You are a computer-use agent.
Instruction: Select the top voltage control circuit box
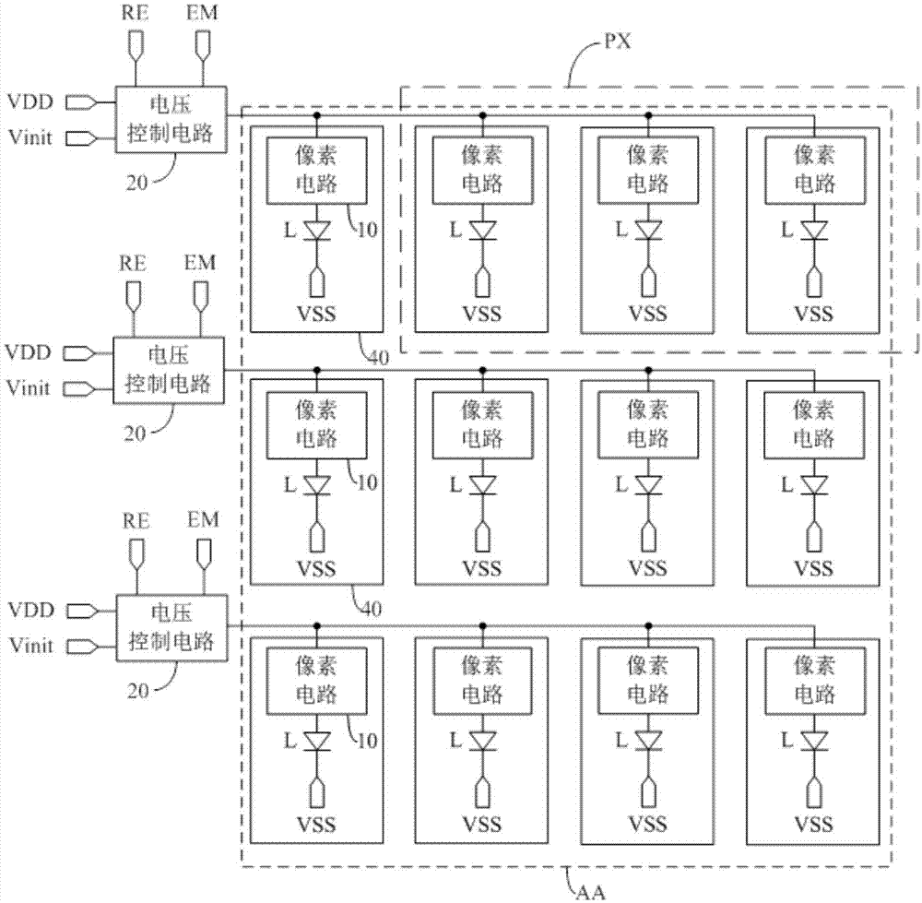coord(171,120)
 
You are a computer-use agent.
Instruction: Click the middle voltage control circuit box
coord(169,370)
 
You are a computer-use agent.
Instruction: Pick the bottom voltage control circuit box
coord(171,627)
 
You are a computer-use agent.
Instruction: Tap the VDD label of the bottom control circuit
coord(30,610)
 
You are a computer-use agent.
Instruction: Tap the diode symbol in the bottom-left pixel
coord(316,740)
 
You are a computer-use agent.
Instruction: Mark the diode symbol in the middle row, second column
coord(482,483)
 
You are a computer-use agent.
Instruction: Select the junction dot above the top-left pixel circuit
coord(316,116)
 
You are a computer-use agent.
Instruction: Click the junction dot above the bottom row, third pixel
coord(648,625)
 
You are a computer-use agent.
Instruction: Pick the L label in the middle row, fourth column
coord(786,483)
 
